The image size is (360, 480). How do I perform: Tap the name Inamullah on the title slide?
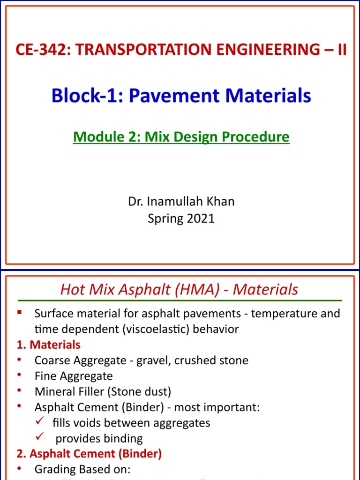coord(176,202)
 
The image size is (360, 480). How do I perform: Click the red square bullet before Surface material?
coord(19,312)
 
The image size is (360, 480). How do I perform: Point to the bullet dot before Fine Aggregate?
coord(19,375)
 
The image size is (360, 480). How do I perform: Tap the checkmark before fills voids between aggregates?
coord(40,422)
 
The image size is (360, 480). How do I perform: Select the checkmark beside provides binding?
coord(40,438)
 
